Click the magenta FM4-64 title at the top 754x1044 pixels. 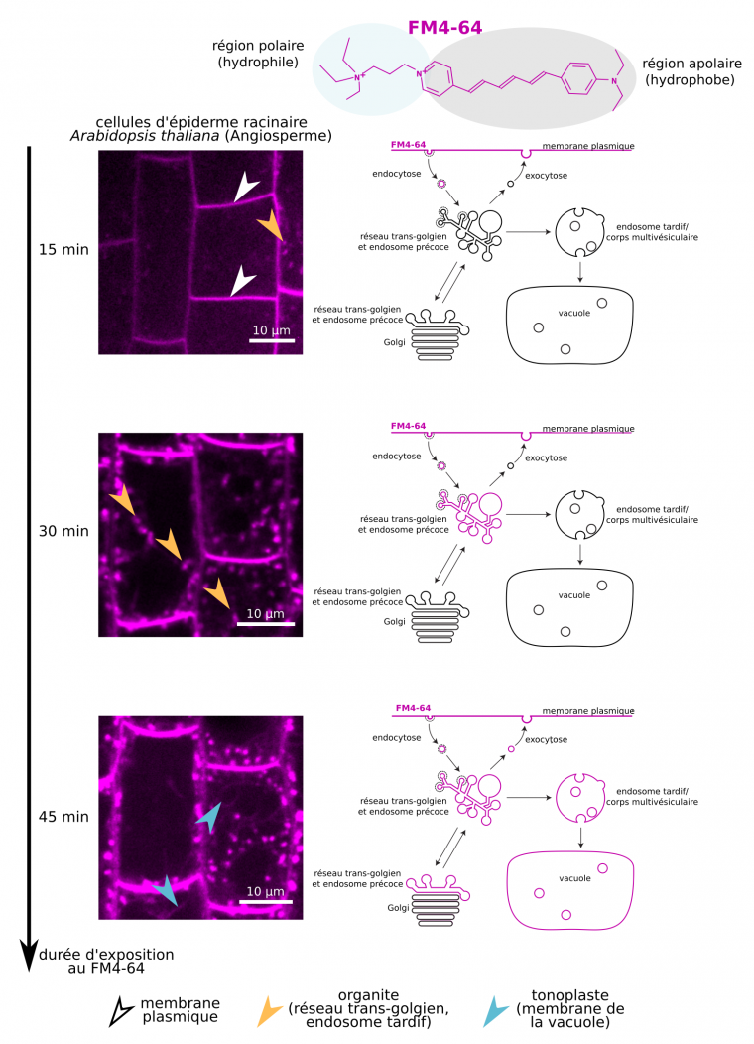[444, 28]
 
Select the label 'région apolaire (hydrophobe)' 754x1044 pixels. [691, 70]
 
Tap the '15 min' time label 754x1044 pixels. [62, 249]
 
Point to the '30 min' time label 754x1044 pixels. [62, 531]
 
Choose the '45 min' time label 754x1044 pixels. [62, 817]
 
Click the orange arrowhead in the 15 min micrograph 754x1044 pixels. [271, 228]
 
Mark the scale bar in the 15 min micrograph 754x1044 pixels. [271, 340]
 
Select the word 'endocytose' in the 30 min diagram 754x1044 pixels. [397, 457]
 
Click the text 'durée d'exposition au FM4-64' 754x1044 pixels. [106, 961]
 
